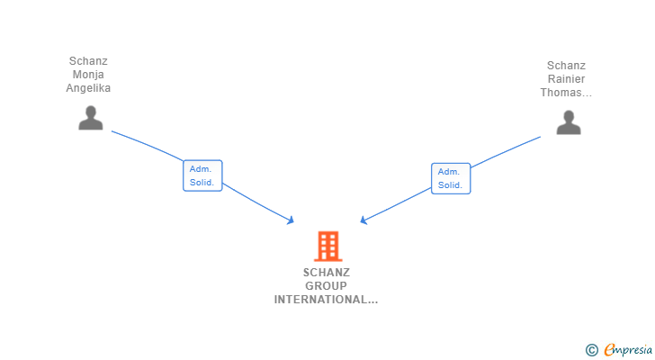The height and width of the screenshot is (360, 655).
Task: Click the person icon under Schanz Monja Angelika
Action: pyautogui.click(x=90, y=118)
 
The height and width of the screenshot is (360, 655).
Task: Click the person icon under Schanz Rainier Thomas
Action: pyautogui.click(x=568, y=122)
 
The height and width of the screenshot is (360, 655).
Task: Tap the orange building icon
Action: pyautogui.click(x=327, y=246)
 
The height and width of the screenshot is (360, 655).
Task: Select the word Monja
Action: pyautogui.click(x=88, y=75)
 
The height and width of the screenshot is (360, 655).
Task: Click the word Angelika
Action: pyautogui.click(x=88, y=88)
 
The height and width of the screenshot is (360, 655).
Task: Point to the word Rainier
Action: pyautogui.click(x=566, y=79)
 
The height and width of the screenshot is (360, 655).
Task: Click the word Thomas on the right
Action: pyautogui.click(x=563, y=93)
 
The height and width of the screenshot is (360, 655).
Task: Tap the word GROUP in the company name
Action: pyautogui.click(x=326, y=286)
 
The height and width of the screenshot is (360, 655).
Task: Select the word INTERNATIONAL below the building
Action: pyautogui.click(x=322, y=300)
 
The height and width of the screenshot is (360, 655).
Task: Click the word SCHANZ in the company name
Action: pyautogui.click(x=326, y=273)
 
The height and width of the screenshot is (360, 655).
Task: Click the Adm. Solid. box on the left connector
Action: pyautogui.click(x=202, y=175)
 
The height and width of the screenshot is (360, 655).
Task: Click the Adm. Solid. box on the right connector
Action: pyautogui.click(x=451, y=178)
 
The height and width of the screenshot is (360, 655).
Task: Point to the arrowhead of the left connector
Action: pyautogui.click(x=291, y=220)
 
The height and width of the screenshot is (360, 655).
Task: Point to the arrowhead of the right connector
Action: pyautogui.click(x=363, y=220)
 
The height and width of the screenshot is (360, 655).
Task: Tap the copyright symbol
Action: pyautogui.click(x=591, y=350)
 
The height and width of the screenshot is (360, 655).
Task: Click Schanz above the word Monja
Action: pyautogui.click(x=88, y=61)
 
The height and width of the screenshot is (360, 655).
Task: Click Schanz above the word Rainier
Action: pyautogui.click(x=566, y=66)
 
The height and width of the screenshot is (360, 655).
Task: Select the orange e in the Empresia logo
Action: pyautogui.click(x=609, y=350)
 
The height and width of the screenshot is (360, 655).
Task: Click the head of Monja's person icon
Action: pyautogui.click(x=90, y=112)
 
